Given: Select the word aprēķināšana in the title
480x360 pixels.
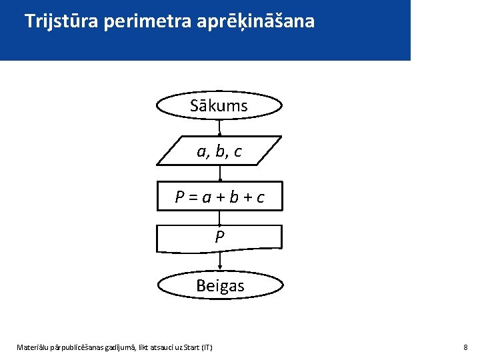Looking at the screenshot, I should (256, 22).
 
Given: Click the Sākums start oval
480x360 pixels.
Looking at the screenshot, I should (219, 105).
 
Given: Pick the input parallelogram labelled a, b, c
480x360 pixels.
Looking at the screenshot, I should (219, 151).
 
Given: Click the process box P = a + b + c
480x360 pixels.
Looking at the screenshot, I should (219, 197).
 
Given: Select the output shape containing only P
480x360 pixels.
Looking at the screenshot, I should (219, 237).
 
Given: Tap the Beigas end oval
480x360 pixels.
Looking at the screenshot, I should (220, 286).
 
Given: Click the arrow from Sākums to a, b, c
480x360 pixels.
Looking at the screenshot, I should (219, 127).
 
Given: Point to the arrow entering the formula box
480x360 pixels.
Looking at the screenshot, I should (219, 173).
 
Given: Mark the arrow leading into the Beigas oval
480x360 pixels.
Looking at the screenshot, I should (220, 263).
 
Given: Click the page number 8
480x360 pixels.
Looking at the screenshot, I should (465, 347).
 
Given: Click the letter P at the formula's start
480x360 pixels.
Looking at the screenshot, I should (179, 197).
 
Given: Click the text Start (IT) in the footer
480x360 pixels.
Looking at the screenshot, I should (198, 347).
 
